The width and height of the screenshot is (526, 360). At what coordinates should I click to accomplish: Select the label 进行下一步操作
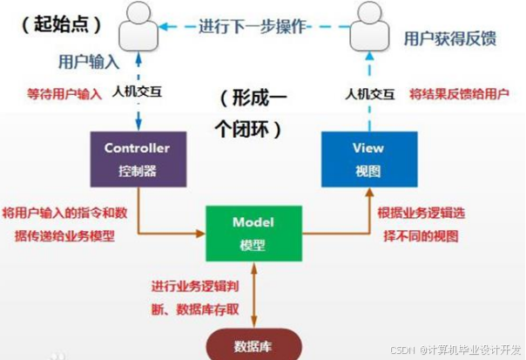253,25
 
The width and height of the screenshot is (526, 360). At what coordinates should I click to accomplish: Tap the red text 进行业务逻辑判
200,287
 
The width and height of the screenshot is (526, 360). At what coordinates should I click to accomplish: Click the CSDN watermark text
455,350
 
